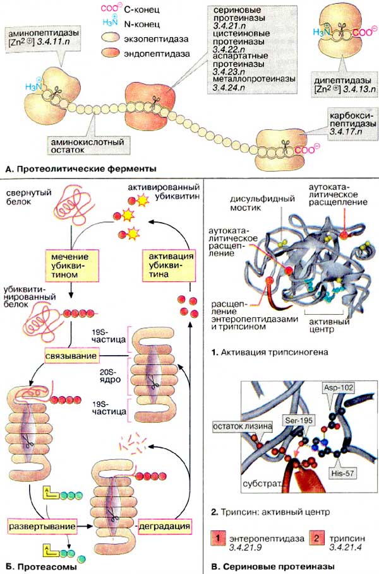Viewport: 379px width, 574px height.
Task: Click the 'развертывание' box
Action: [x=42, y=524]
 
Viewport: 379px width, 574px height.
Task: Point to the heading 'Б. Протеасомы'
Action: [x=40, y=566]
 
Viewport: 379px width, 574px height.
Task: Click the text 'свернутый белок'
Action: [x=25, y=196]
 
